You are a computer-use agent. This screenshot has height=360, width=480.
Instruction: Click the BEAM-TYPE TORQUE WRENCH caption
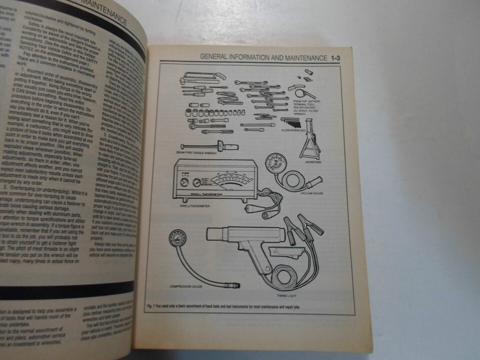[x=193, y=153]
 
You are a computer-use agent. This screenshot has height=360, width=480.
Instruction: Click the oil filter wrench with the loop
[x=302, y=93]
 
